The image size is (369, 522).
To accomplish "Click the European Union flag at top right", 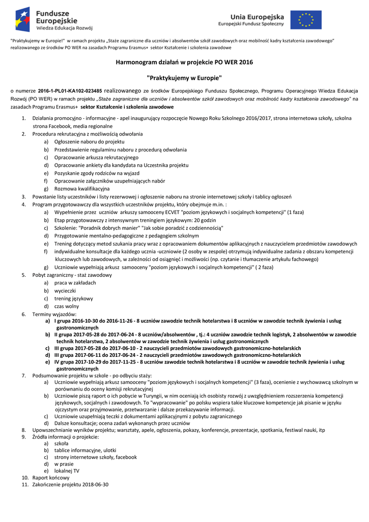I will [x=306, y=19].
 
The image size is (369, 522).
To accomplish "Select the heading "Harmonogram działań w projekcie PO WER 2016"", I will [x=184, y=62].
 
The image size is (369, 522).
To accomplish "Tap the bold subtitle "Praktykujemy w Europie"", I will [x=184, y=78].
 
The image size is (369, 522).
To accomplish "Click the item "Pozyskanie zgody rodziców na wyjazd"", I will [x=97, y=173].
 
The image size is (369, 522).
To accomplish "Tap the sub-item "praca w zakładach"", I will [x=75, y=283].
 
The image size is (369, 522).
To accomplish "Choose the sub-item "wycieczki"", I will [x=66, y=291].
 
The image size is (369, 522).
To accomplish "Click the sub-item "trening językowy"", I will [x=74, y=299].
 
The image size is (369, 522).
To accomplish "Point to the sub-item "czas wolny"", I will [x=67, y=306].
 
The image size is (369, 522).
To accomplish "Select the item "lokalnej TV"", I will [x=69, y=470].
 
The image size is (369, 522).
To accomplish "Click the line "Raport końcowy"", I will [x=51, y=478].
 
